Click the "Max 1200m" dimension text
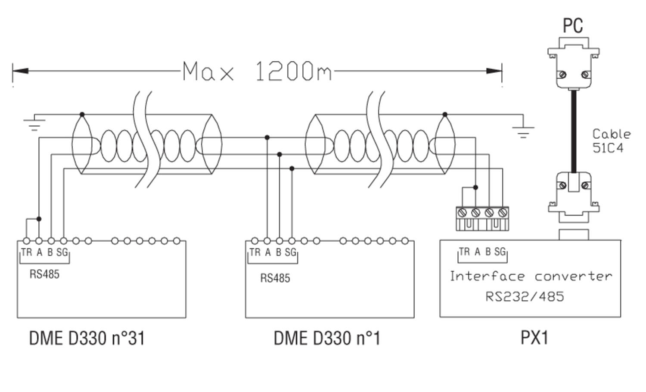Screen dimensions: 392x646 (257, 72)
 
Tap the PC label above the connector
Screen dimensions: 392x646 (573, 26)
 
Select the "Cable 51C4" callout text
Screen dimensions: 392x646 (611, 141)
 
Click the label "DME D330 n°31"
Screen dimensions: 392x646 (87, 338)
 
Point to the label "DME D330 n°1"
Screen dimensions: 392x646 (327, 338)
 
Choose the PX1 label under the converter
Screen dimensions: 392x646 (534, 338)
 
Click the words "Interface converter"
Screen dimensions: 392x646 (531, 276)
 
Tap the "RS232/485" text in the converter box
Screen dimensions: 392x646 (525, 296)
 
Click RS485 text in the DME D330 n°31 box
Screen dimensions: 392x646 (44, 274)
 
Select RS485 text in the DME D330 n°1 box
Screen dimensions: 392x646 (275, 278)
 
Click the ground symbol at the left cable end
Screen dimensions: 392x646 (34, 123)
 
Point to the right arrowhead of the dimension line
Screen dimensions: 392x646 (494, 71)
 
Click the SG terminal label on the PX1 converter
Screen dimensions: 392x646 (500, 252)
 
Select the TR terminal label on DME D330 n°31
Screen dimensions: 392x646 (26, 252)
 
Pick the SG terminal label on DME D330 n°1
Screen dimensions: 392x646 (291, 252)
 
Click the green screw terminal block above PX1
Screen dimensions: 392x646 (482, 218)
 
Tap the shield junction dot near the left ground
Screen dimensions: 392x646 (82, 115)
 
